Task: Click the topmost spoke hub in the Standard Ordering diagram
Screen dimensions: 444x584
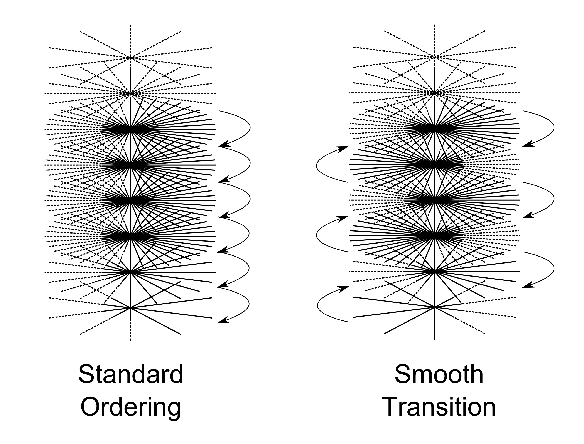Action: point(130,58)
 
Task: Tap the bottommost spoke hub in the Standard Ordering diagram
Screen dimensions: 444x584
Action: point(130,308)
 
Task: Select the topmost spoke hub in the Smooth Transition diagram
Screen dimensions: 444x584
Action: point(434,57)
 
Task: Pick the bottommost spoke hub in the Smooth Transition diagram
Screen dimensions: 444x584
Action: point(434,307)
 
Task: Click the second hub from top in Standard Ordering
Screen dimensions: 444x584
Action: point(130,93)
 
